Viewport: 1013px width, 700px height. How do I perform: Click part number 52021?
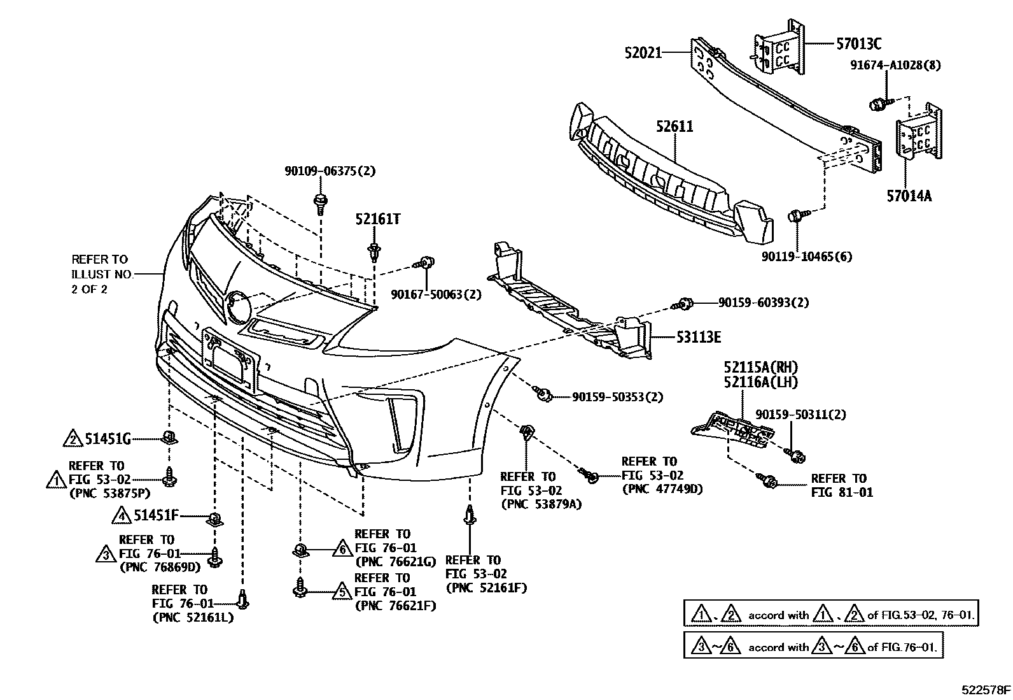pos(643,53)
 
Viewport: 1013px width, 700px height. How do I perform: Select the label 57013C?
pos(859,44)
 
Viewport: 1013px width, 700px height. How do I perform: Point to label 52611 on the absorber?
pos(674,126)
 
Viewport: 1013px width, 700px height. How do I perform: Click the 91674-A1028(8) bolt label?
pos(896,64)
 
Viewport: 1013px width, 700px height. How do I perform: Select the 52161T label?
pos(378,220)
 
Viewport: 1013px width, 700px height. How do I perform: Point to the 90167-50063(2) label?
pos(426,294)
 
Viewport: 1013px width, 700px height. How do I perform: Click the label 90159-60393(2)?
pos(764,303)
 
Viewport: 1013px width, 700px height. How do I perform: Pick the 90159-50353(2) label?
pos(617,397)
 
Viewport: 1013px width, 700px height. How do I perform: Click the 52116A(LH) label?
pos(760,382)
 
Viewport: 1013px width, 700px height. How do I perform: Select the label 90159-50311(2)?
pos(800,414)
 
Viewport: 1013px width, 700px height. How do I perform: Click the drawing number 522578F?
pos(986,689)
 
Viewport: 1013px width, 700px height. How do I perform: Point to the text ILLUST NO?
pos(102,274)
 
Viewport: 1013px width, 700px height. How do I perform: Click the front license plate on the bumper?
pos(229,360)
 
